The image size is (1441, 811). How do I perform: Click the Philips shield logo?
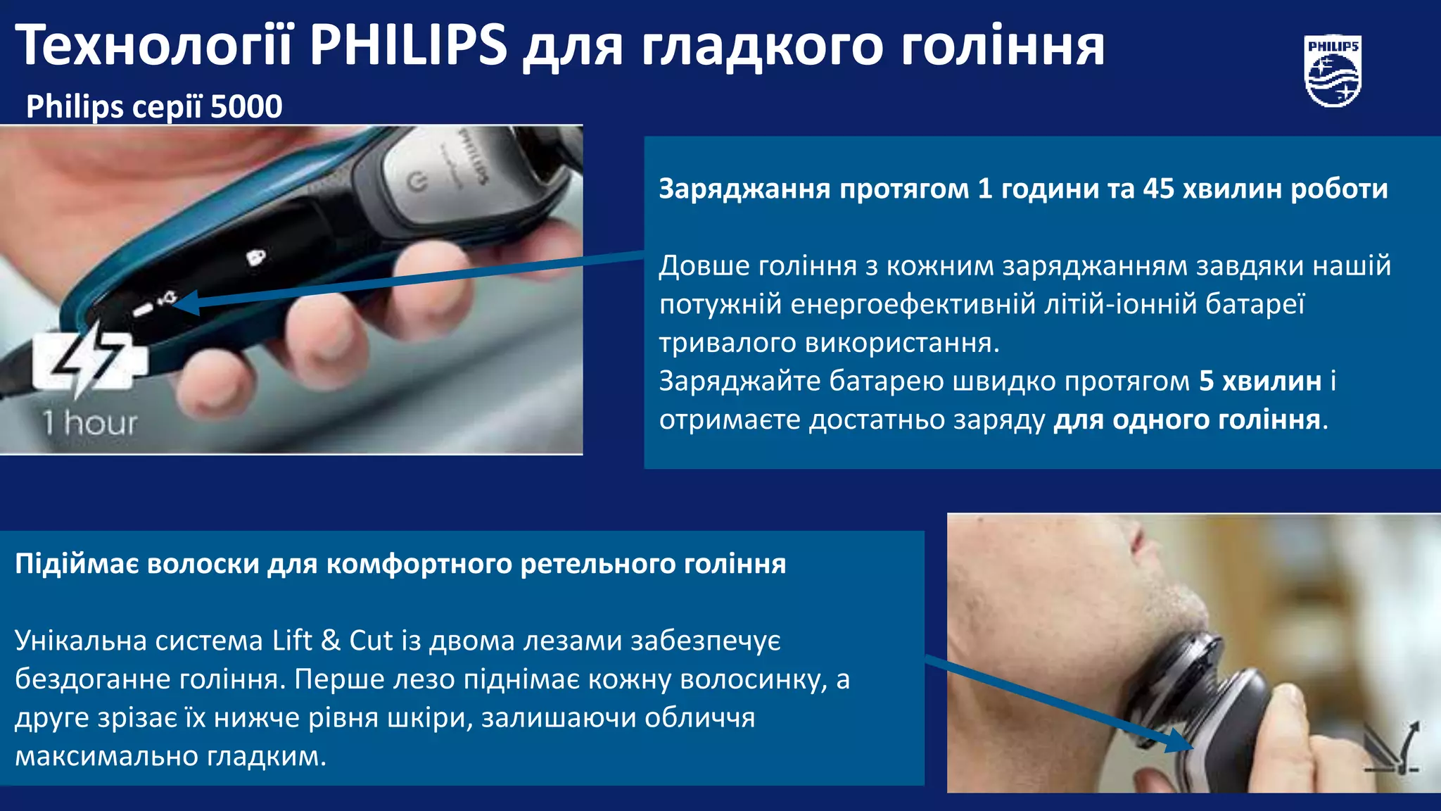coord(1333,72)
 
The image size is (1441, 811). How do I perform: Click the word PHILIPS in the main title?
coord(408,45)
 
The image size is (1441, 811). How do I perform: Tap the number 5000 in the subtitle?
coord(246,107)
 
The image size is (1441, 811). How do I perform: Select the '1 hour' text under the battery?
coord(89,422)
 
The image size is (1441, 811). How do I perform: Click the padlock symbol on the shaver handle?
coord(256,257)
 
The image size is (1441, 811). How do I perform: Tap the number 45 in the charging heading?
coord(1158,189)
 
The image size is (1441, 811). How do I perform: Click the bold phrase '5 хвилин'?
coord(1260,381)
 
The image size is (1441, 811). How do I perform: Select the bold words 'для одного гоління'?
coord(1186,420)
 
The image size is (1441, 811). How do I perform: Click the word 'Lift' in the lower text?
coord(292,641)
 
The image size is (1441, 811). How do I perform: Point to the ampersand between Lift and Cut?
coord(331,641)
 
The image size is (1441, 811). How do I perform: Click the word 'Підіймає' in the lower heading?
coord(77,564)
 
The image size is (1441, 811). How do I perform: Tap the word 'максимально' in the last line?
coord(106,756)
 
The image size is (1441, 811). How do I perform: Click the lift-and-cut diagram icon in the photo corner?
coord(1392,748)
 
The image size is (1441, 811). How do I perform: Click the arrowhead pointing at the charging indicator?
coord(184,303)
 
